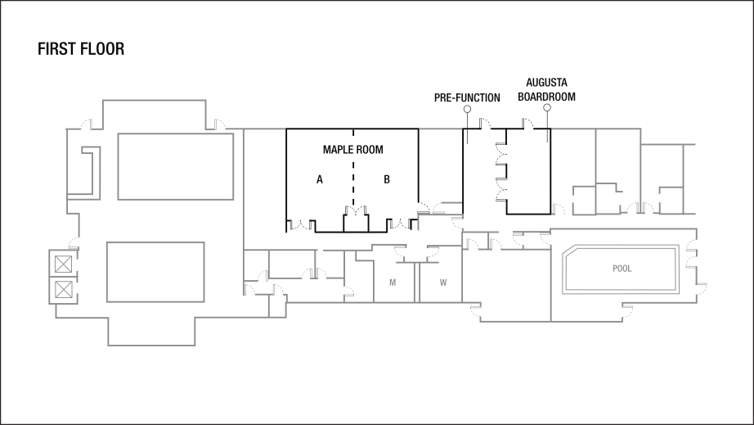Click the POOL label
(622, 269)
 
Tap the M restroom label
(393, 283)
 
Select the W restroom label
(443, 283)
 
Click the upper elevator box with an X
(63, 264)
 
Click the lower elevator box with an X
(63, 289)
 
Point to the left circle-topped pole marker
(467, 109)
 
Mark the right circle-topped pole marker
(547, 107)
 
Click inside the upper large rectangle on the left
(176, 166)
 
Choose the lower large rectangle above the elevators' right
(155, 272)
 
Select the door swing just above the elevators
(74, 242)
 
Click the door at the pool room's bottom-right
(626, 309)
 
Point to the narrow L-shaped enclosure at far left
(90, 172)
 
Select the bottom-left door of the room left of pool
(475, 310)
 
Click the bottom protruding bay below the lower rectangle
(151, 331)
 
